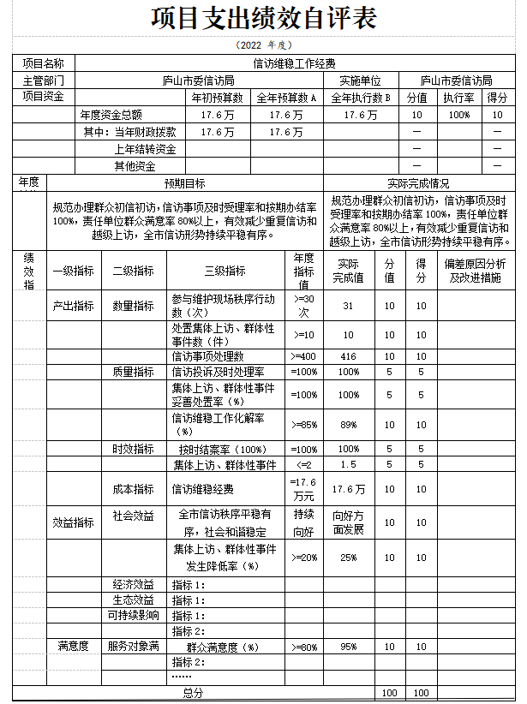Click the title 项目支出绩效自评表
[x=263, y=20]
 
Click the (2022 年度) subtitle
[x=263, y=45]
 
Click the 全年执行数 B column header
[x=360, y=98]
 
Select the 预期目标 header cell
[x=184, y=183]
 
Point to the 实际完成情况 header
[x=417, y=183]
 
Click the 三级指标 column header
[x=225, y=271]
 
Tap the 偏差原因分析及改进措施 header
[x=476, y=271]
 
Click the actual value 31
[x=348, y=306]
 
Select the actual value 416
[x=348, y=356]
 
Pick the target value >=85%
[x=304, y=424]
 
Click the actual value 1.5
[x=348, y=464]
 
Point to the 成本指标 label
[x=133, y=489]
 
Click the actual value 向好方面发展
[x=348, y=522]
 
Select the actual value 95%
[x=348, y=647]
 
